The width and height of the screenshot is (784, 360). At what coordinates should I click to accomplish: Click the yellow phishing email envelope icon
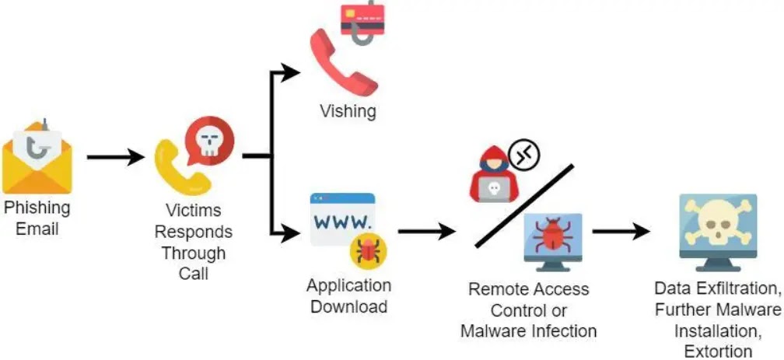(37, 158)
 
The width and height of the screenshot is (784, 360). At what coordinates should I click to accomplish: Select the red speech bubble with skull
(209, 141)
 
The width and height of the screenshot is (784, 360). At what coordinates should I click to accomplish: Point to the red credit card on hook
(362, 21)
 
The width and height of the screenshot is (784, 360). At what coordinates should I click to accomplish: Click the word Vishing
(348, 110)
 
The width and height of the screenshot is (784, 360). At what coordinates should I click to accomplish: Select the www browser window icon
(342, 219)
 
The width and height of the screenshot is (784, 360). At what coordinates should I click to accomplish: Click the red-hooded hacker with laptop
(494, 174)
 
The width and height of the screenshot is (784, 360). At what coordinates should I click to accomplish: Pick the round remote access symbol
(525, 156)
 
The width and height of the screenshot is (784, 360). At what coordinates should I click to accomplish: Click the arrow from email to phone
(116, 157)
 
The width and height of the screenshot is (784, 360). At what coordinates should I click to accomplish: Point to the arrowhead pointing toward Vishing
(290, 72)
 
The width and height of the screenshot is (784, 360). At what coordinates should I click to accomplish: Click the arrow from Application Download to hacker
(427, 232)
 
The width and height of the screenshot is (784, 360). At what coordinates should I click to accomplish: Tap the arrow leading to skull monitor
(621, 232)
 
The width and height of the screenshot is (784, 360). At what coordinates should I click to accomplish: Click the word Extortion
(718, 351)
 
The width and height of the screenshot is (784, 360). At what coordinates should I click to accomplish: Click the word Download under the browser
(348, 306)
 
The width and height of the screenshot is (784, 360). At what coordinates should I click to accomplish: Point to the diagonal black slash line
(524, 205)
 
